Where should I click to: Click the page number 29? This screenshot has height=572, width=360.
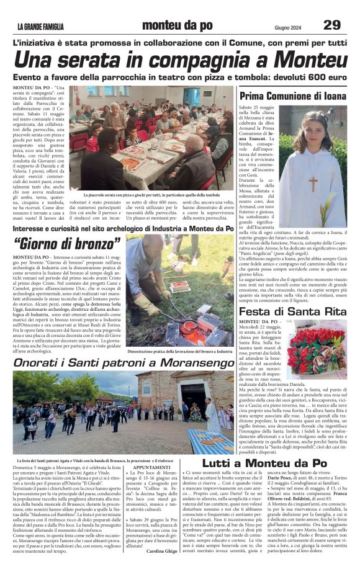[x=332, y=25]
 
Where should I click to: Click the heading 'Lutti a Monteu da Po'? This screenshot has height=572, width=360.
[x=264, y=463]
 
